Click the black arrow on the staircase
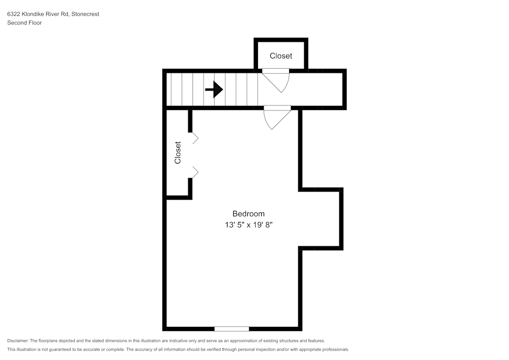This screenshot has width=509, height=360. coord(214,90)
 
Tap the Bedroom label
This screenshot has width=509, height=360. coord(248,214)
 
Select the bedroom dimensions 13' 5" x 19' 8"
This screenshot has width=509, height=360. coord(248,225)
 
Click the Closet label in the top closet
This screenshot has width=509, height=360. coord(281,56)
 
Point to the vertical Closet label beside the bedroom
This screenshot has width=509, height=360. coord(178,152)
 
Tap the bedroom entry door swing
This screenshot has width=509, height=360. coord(276,118)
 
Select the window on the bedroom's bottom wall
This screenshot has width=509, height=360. coord(232,329)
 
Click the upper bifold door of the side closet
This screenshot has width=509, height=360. coord(194,137)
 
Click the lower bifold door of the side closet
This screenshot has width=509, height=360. coord(194,172)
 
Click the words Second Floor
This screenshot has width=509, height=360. coord(24,23)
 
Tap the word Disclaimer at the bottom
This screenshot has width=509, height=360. coord(18,341)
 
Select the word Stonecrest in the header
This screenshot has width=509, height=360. coord(86,14)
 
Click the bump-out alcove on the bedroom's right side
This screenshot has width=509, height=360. coord(321,219)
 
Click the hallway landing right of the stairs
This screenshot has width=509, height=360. coord(316,90)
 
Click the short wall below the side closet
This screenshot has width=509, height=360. coord(179,198)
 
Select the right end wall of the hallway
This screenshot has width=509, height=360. coord(345,90)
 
